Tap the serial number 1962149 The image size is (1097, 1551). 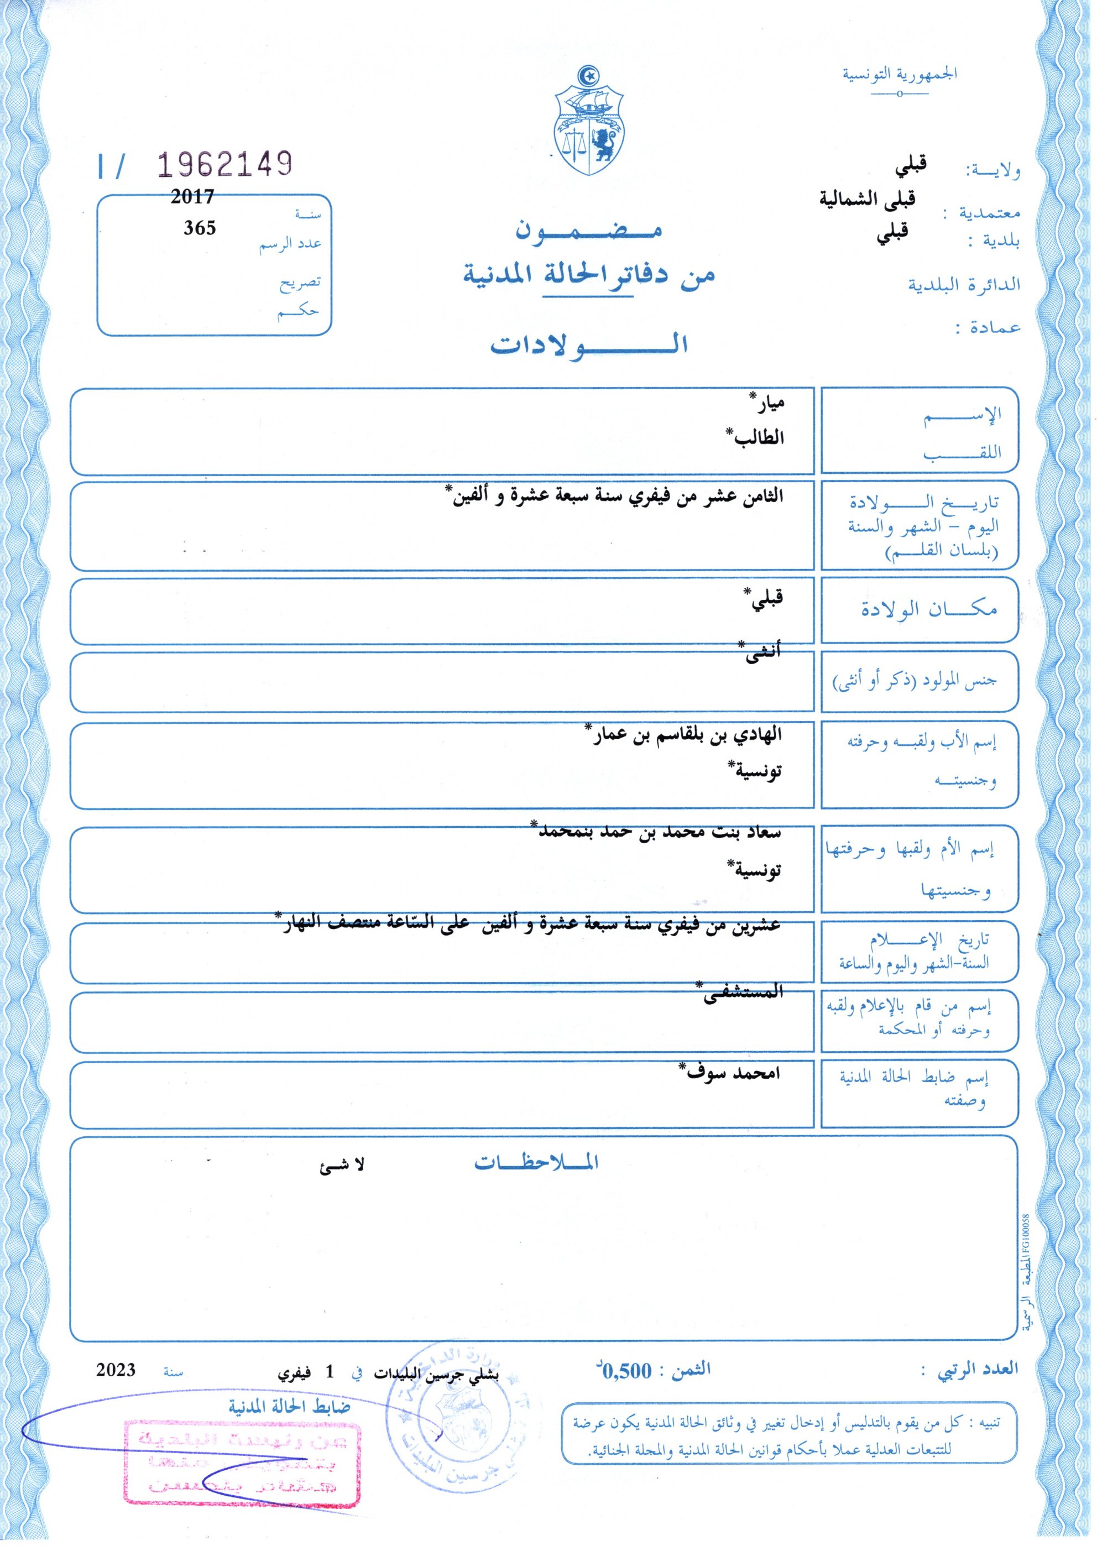pos(225,164)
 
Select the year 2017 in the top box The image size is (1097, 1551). pos(192,197)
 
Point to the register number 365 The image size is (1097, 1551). pos(200,228)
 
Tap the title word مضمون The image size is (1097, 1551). pos(588,232)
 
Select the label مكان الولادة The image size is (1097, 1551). pos(929,609)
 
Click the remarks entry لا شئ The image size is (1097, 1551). pos(342,1164)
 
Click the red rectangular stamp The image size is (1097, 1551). pos(242,1454)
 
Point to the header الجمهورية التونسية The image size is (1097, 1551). pos(899,74)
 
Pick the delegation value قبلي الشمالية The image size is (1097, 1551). pos(868,199)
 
